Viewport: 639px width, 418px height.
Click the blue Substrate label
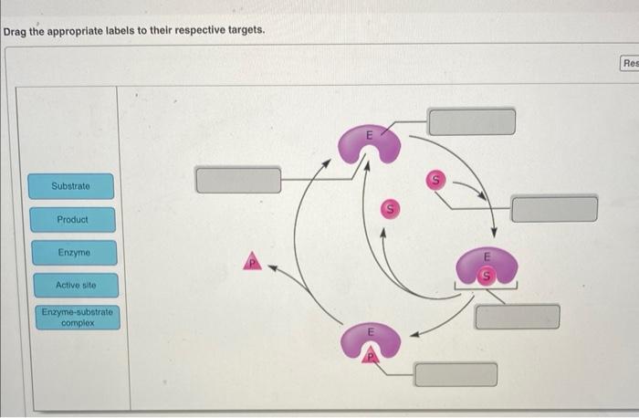tap(71, 186)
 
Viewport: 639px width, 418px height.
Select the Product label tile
tap(72, 220)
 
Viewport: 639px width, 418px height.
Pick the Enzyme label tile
tap(74, 252)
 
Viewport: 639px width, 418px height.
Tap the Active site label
tap(74, 286)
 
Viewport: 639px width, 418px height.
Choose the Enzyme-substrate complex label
tap(78, 317)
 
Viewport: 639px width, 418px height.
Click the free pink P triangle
tap(253, 263)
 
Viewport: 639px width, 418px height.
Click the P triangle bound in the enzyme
tap(371, 357)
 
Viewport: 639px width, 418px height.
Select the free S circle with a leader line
tap(437, 181)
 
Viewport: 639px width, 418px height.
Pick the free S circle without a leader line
tap(390, 209)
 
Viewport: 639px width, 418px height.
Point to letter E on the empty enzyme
tap(369, 135)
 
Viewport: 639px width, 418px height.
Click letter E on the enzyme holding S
tap(487, 256)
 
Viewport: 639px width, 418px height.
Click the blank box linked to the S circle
tap(554, 209)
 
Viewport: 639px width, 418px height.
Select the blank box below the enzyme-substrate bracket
tap(517, 317)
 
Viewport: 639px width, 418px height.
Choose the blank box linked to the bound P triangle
tap(456, 374)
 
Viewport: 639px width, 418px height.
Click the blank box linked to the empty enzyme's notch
tap(471, 121)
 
